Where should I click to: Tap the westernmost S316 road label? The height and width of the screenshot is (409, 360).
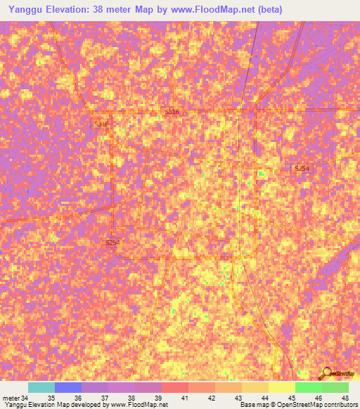coord(101,124)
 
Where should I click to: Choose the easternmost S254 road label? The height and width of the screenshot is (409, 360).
coord(302,169)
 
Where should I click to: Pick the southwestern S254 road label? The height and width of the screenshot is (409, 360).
coord(112,243)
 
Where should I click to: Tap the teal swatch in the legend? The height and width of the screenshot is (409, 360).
coord(41,387)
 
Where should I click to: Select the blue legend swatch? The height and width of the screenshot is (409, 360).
coord(68,387)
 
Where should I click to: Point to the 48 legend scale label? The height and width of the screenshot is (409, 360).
coord(344,397)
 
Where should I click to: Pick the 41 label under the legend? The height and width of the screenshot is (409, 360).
coord(185,397)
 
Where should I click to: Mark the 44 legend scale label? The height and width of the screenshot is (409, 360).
coord(264,397)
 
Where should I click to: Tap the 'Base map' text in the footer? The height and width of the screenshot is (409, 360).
coord(252,405)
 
